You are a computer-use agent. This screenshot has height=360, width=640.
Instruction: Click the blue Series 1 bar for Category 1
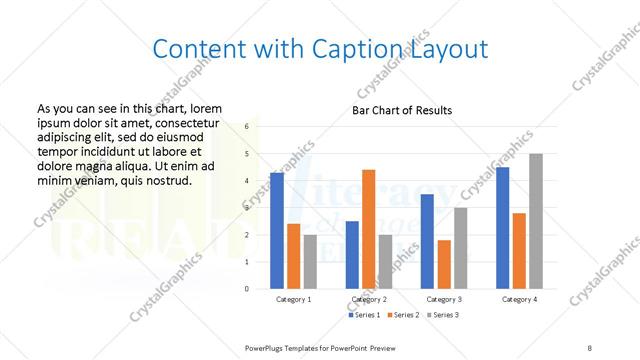277,230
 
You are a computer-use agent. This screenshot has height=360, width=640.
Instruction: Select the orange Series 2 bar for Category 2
368,229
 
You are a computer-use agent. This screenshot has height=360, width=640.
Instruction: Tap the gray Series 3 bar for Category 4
536,221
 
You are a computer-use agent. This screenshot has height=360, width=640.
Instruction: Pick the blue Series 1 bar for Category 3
427,241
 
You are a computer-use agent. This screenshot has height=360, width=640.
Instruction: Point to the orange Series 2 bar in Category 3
444,264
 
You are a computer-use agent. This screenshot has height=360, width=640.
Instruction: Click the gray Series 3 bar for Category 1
310,261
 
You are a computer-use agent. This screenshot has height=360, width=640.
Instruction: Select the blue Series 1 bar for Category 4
502,227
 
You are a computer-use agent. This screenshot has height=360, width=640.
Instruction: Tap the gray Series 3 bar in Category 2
385,261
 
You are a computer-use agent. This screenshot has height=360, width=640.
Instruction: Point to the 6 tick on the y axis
247,127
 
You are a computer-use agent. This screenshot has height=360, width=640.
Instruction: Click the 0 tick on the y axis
247,288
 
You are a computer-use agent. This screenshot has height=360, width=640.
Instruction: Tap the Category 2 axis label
368,299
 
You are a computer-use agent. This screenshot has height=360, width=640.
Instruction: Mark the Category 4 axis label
519,299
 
